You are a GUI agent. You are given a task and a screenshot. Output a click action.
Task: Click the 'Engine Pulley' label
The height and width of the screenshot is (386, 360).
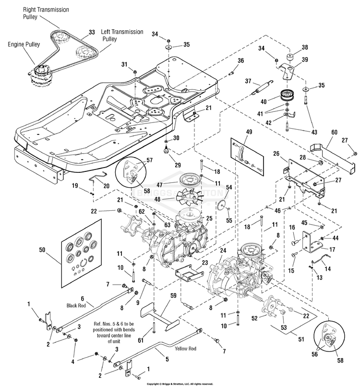24,45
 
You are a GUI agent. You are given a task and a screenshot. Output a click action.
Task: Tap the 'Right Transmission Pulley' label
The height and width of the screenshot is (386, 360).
46,13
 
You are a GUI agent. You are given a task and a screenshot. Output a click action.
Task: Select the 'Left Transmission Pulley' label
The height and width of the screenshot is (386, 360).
122,36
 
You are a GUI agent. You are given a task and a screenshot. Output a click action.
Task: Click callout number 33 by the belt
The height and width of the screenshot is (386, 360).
92,32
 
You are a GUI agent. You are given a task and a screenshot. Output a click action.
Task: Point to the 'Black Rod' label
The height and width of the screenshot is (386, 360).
76,305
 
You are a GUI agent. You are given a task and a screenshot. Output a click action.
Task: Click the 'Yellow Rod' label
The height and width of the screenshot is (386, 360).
185,349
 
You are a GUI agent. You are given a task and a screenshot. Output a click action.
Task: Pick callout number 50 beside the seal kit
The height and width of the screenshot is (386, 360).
42,250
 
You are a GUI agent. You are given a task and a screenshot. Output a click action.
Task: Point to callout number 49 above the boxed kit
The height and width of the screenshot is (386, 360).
249,132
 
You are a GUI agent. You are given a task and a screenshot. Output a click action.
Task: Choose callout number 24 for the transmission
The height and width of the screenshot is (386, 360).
223,251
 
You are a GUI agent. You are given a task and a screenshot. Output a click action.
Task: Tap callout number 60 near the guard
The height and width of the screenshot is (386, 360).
334,132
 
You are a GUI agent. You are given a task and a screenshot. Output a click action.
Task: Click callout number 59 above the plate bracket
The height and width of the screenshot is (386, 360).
173,295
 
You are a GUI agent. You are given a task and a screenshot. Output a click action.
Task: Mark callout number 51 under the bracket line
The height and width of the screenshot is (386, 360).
301,339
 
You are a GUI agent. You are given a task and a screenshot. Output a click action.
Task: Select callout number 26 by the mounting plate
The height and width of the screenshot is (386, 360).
276,154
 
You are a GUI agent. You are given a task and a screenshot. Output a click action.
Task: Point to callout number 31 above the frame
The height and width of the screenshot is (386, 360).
124,64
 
